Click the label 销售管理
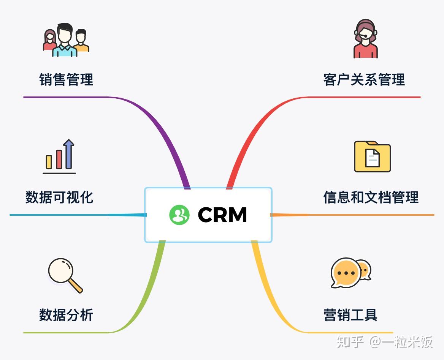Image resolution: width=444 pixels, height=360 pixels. [66, 80]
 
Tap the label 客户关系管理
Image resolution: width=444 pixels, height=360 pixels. [364, 80]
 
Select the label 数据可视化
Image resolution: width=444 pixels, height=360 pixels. [59, 197]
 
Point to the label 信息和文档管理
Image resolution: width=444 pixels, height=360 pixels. [371, 197]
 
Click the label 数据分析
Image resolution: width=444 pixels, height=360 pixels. [66, 315]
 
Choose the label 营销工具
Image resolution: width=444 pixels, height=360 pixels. [350, 315]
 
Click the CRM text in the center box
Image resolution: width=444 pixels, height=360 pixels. [222, 215]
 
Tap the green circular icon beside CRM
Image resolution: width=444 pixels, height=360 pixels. [179, 215]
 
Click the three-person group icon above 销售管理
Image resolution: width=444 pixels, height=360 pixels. [66, 40]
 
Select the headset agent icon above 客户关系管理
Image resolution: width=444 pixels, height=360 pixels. [365, 39]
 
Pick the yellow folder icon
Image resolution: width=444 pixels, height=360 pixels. [372, 156]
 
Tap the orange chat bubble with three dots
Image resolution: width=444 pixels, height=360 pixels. [346, 273]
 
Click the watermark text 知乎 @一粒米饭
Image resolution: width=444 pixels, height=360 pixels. [385, 342]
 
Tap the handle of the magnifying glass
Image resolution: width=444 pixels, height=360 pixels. [76, 286]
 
